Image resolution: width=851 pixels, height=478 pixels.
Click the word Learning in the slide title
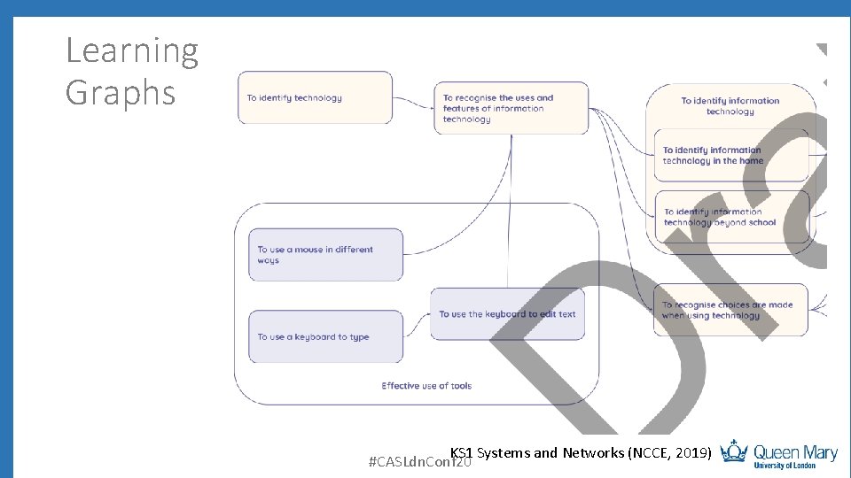point(132,52)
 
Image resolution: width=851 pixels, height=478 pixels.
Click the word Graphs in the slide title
point(121,93)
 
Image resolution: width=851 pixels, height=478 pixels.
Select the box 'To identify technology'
point(315,97)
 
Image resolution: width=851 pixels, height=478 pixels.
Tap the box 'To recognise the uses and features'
point(511,108)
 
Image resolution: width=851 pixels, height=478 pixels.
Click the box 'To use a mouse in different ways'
point(325,255)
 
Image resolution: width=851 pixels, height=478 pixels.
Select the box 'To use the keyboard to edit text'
point(507,314)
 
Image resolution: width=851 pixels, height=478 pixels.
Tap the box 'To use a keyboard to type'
point(325,336)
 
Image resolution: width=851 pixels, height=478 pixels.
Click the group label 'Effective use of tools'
point(426,386)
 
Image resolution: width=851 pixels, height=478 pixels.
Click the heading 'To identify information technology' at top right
point(730,106)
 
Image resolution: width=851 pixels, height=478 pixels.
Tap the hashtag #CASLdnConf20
point(418,462)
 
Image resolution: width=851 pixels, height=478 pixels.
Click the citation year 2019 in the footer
point(691,453)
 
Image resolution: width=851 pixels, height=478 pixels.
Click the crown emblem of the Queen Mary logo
point(734,451)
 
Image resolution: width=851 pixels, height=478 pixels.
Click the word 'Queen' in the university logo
point(777,451)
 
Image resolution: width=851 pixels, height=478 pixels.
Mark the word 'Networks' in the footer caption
point(592,453)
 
